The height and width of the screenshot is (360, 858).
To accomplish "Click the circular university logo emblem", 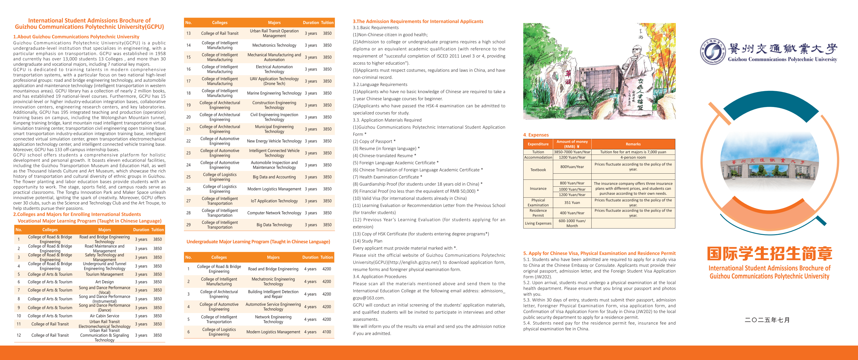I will tap(713, 51).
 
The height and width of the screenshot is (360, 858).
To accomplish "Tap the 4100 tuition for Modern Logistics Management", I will tap(326, 332).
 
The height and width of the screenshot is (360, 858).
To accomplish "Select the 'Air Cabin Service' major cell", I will tap(104, 316).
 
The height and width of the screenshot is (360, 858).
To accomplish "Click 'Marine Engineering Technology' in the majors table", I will tap(274, 93).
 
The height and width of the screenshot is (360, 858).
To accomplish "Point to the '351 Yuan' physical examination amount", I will tap(572, 203).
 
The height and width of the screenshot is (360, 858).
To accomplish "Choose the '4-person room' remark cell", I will tap(633, 157).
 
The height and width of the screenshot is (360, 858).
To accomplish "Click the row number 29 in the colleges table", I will tap(189, 225).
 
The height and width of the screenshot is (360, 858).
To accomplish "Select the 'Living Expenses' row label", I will tap(538, 223).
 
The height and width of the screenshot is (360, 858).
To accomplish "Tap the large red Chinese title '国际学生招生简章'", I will tap(769, 254).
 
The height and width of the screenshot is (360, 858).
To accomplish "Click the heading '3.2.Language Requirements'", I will tap(380, 84).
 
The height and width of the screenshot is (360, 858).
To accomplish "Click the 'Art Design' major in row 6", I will tap(104, 282).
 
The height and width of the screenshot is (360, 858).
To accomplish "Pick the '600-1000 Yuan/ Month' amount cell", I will tap(572, 223).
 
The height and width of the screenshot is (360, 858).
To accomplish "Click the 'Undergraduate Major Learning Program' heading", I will tap(258, 241).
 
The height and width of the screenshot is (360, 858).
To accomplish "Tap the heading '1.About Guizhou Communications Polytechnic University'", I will tap(76, 37).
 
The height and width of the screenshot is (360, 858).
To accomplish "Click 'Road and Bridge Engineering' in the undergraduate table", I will tap(273, 269).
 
